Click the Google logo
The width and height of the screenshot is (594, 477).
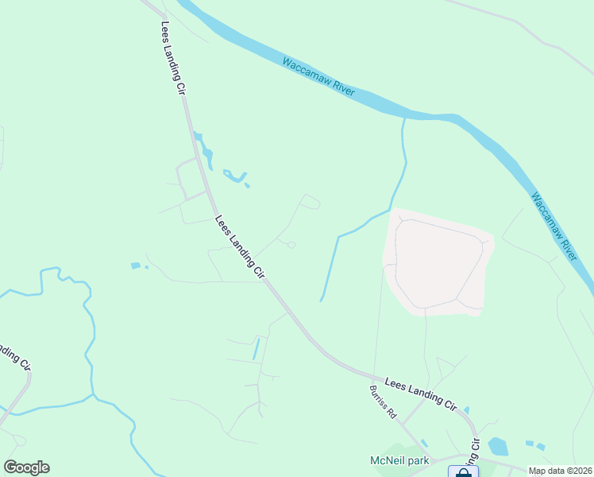coord(26,467)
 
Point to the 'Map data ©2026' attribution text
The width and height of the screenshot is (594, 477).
coord(560,471)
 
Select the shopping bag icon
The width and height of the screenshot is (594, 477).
coord(463,472)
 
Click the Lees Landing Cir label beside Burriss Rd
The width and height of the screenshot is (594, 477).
coord(420,394)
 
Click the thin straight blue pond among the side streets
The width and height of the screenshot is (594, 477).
coord(256,349)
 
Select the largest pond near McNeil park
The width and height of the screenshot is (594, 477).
coord(498,446)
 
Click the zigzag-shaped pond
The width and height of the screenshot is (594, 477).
coord(236,176)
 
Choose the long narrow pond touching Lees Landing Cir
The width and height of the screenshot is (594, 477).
coord(204,150)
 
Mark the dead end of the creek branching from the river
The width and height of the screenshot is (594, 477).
coord(321,301)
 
